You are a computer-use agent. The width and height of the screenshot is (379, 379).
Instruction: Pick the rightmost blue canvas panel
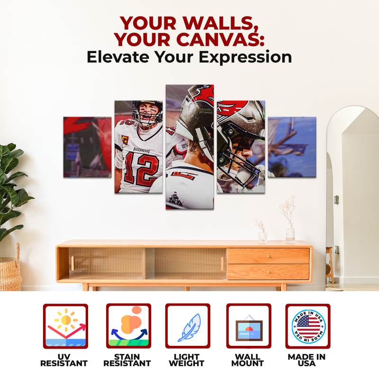(x=292, y=147)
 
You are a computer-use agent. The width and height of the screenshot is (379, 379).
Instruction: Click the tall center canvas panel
(x=189, y=147)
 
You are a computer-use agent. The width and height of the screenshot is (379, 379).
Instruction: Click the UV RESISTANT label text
(x=64, y=360)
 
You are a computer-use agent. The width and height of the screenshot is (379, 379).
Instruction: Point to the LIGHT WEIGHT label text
(x=188, y=360)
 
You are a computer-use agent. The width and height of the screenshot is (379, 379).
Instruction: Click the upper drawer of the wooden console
(x=268, y=256)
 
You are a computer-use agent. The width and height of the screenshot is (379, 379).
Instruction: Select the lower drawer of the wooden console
(x=268, y=271)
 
